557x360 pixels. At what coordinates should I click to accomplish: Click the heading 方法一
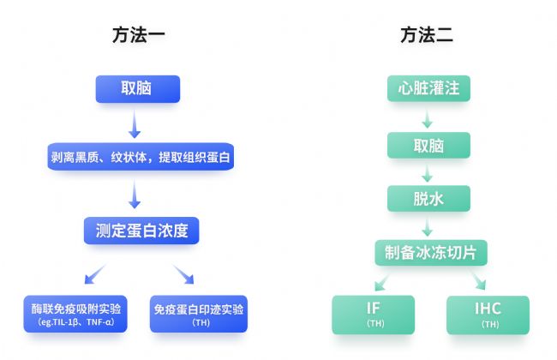[x=139, y=35]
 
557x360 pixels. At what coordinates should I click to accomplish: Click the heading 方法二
[x=427, y=35]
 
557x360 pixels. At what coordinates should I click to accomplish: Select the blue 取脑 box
[x=138, y=89]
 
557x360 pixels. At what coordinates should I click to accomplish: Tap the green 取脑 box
[x=428, y=145]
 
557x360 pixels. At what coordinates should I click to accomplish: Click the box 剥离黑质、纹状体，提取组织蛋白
[x=141, y=156]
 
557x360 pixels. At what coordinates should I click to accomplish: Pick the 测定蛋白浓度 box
[x=141, y=231]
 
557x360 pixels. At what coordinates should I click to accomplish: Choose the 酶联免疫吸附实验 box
[x=75, y=314]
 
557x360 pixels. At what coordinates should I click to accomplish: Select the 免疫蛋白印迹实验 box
[x=199, y=314]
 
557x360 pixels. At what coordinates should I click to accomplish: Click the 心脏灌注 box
[x=428, y=88]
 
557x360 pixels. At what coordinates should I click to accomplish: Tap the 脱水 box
[x=428, y=198]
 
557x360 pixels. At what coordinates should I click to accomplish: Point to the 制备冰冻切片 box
[x=431, y=253]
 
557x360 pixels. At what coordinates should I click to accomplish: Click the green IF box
[x=374, y=315]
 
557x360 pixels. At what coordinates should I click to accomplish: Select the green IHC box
[x=488, y=315]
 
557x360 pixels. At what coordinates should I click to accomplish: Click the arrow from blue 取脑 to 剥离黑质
[x=135, y=123]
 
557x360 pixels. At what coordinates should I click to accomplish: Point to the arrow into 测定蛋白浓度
[x=135, y=194]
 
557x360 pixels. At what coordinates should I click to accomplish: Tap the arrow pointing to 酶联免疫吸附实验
[x=95, y=274]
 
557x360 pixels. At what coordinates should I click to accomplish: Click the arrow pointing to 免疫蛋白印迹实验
[x=183, y=274]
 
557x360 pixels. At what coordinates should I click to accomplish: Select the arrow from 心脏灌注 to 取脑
[x=428, y=119]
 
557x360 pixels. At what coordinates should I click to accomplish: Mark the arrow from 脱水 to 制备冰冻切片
[x=428, y=227]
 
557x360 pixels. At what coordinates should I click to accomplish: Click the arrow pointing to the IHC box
[x=478, y=280]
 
